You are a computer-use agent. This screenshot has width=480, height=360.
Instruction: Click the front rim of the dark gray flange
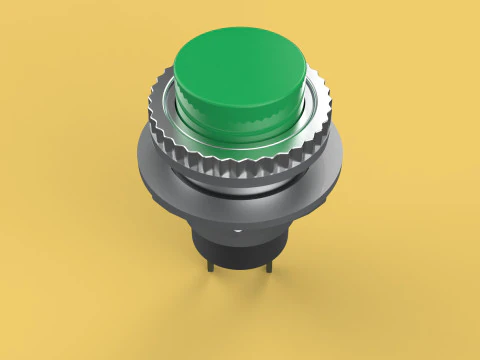pyautogui.click(x=240, y=218)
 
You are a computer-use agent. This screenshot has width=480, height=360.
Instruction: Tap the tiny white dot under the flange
pyautogui.click(x=240, y=229)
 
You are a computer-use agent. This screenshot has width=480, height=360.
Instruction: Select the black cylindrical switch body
pyautogui.click(x=240, y=250)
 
